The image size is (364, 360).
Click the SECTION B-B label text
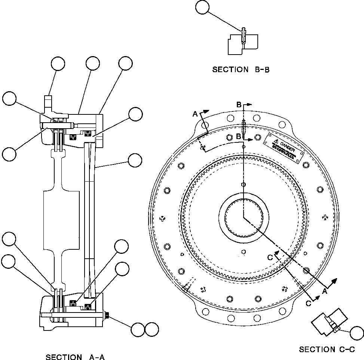(241, 70)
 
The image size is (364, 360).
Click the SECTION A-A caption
(75, 357)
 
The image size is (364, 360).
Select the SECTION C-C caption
(327, 350)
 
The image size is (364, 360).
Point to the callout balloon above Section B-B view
(202, 7)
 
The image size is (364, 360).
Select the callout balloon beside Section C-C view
(357, 333)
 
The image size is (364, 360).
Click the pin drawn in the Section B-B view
(244, 36)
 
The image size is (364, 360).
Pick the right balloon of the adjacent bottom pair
(152, 329)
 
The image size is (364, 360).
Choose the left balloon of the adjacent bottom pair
(138, 329)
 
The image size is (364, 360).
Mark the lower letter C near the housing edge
(308, 303)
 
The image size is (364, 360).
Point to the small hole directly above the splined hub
(244, 184)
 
